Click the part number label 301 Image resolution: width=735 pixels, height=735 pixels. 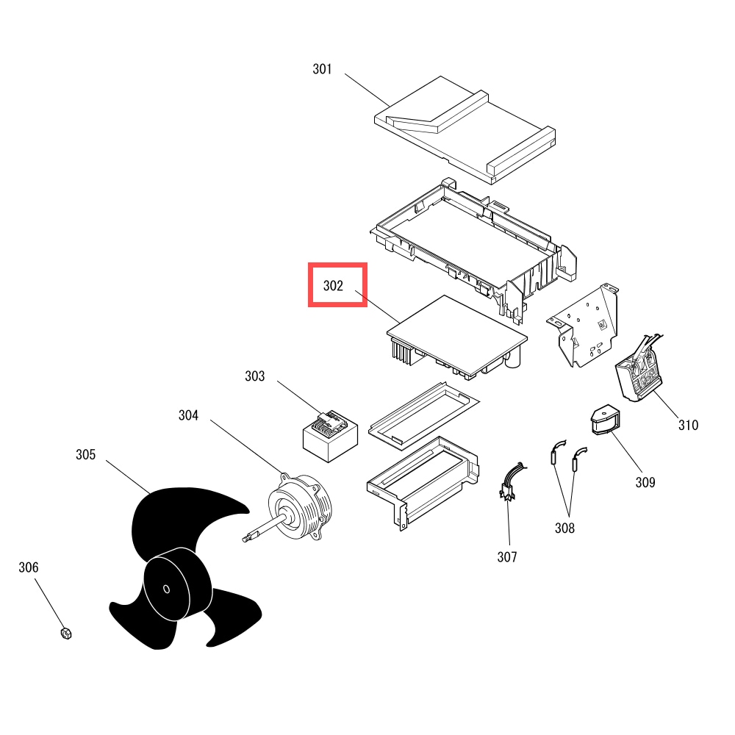click(322, 69)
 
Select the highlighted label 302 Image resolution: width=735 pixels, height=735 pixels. click(333, 285)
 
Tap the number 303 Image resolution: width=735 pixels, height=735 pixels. click(254, 376)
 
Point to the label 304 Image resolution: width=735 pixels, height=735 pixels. click(188, 415)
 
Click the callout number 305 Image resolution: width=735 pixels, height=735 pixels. click(86, 455)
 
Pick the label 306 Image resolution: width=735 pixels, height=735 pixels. click(28, 567)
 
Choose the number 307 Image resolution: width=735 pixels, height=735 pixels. click(507, 557)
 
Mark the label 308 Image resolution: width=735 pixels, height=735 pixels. click(564, 528)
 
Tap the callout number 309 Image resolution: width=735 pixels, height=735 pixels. click(645, 482)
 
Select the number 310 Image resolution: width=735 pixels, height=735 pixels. click(689, 425)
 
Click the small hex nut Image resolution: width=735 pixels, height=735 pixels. click(66, 634)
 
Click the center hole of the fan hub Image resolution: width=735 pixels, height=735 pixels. click(166, 589)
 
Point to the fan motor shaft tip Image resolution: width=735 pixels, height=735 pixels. click(245, 539)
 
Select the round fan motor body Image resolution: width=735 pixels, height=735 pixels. click(300, 506)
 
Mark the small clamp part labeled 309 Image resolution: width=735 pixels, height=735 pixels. click(605, 420)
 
